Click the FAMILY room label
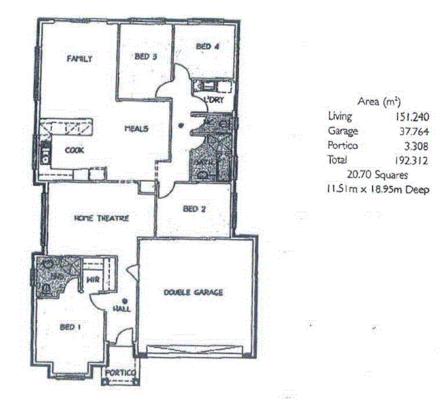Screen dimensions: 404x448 (x=79, y=59)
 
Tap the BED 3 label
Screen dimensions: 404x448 (x=146, y=57)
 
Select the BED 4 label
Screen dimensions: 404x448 (x=207, y=46)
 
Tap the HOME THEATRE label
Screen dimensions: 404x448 (x=101, y=217)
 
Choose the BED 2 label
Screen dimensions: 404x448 (x=194, y=209)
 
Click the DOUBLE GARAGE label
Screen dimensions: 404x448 (x=193, y=292)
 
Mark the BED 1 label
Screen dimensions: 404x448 (x=70, y=327)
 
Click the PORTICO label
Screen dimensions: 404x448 (x=121, y=372)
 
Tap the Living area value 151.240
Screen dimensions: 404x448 (x=414, y=116)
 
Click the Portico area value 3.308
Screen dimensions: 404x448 (x=418, y=145)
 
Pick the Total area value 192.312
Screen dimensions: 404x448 (x=414, y=160)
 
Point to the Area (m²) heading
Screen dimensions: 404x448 (x=379, y=102)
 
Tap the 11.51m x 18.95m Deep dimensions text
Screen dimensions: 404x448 (x=377, y=189)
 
